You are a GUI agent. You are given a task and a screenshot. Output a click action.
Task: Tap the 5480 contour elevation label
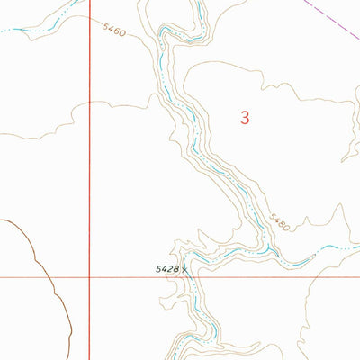[279, 221]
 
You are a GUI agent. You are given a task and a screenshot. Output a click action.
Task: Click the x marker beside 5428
[185, 268]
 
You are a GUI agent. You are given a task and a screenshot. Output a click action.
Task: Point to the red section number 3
[244, 116]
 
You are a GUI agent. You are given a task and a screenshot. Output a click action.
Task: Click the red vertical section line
[89, 135]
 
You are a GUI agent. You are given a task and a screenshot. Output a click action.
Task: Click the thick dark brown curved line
[36, 261]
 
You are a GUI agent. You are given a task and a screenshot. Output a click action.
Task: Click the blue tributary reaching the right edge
[333, 248]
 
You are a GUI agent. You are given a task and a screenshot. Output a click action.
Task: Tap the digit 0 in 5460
[122, 36]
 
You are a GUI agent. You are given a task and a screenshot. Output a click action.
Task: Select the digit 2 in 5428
[169, 268]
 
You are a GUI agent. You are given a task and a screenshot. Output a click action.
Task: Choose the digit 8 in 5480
[281, 223]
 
